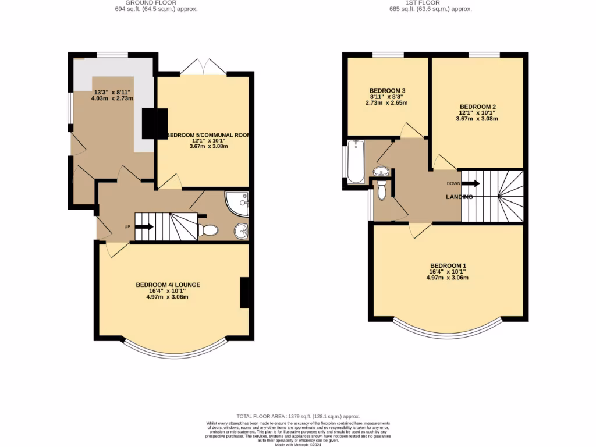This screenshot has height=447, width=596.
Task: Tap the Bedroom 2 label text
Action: (477, 107)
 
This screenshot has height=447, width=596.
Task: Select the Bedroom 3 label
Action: (387, 91)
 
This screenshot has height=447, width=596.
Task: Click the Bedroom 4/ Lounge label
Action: (168, 285)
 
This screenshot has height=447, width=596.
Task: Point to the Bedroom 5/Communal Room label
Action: (208, 134)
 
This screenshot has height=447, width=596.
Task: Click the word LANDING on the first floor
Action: (459, 197)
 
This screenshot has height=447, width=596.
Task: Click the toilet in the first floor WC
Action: (382, 189)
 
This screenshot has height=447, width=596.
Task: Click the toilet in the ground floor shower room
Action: (208, 230)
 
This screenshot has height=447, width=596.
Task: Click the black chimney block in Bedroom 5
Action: (155, 123)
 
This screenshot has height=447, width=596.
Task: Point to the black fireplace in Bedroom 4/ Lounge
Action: (244, 293)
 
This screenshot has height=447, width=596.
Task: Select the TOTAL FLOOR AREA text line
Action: (297, 416)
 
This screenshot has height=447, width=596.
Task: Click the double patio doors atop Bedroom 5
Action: (203, 67)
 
